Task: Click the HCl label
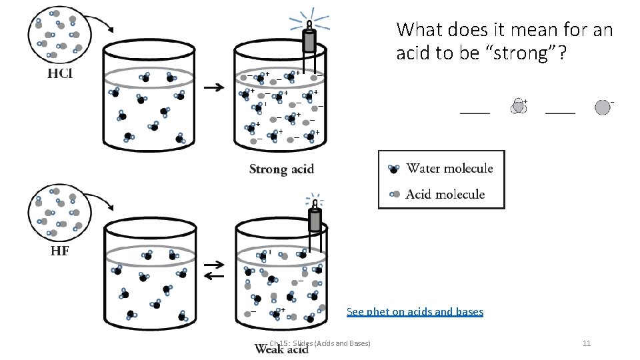click(59, 73)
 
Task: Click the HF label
click(59, 251)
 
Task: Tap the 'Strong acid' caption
click(281, 169)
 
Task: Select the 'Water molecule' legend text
click(449, 168)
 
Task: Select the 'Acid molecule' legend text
click(445, 194)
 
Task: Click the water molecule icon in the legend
click(394, 169)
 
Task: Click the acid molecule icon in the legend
click(394, 194)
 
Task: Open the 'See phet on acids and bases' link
click(415, 311)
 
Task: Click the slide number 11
click(587, 343)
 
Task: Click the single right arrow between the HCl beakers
click(214, 87)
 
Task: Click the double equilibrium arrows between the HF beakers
click(214, 270)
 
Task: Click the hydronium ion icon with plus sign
click(519, 106)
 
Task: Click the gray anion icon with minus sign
click(603, 107)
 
